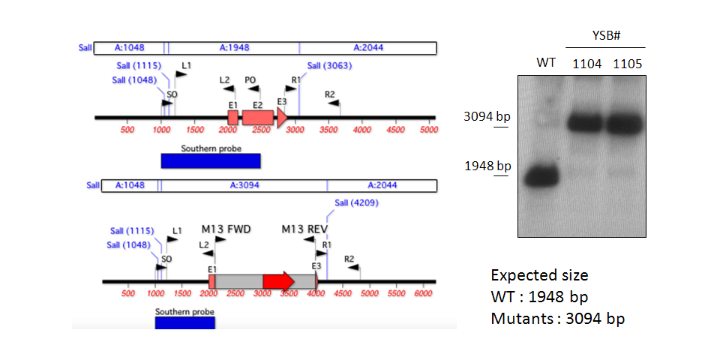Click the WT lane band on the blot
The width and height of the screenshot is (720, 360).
point(541,175)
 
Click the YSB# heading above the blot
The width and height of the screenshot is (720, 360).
point(606,36)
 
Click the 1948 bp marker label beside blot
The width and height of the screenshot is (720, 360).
point(487,166)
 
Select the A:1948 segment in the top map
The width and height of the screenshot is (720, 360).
point(234,47)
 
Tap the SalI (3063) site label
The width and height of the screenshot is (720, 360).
point(330,66)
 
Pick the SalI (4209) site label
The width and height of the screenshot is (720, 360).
point(357,203)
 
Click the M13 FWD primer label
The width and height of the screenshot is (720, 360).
point(226,229)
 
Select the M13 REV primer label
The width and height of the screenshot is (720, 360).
point(306,229)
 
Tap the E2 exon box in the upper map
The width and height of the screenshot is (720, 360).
point(257,118)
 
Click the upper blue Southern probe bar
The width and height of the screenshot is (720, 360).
point(211,160)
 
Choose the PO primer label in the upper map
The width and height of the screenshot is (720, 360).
point(250,80)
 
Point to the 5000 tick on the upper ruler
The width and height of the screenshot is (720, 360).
point(429,129)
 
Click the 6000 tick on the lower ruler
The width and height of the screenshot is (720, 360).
point(423,293)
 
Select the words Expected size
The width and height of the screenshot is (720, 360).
point(539,275)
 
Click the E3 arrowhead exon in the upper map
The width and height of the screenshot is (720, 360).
point(282,118)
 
